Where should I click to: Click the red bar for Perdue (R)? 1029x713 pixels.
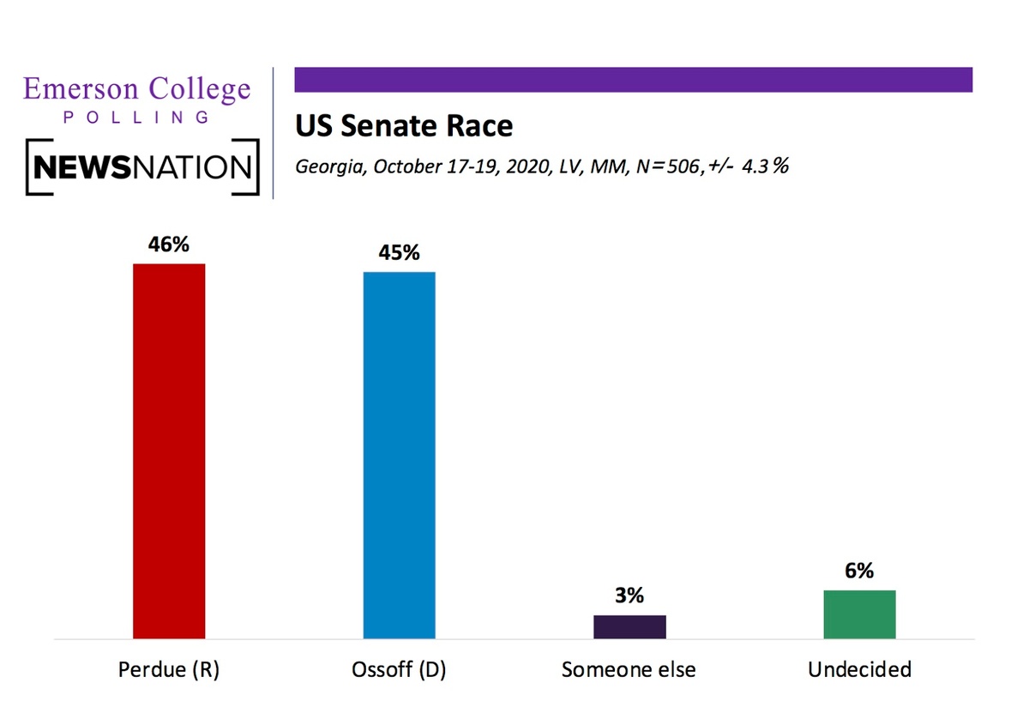[x=169, y=451]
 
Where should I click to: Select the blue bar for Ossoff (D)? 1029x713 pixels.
[x=400, y=455]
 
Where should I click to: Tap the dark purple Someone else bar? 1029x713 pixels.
[x=629, y=626]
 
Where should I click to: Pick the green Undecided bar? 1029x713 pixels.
[x=859, y=614]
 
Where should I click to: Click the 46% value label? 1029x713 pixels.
[x=169, y=245]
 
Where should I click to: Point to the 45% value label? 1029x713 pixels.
[x=400, y=252]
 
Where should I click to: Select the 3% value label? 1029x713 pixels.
[x=629, y=595]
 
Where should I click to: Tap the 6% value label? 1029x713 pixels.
[x=859, y=571]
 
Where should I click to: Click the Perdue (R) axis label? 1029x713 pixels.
[x=169, y=670]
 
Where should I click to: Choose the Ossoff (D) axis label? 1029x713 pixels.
[x=399, y=670]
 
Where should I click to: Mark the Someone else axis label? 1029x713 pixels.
[x=629, y=669]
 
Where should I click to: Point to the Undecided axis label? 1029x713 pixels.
[x=859, y=669]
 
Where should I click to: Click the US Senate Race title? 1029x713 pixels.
[x=404, y=125]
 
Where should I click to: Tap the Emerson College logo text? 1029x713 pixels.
[x=137, y=89]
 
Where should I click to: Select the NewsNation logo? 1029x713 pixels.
[x=142, y=166]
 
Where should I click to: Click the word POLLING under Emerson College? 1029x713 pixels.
[x=136, y=118]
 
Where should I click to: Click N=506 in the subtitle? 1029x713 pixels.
[x=671, y=166]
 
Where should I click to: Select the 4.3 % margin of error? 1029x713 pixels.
[x=765, y=166]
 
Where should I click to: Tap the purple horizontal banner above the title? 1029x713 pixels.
[x=634, y=80]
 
